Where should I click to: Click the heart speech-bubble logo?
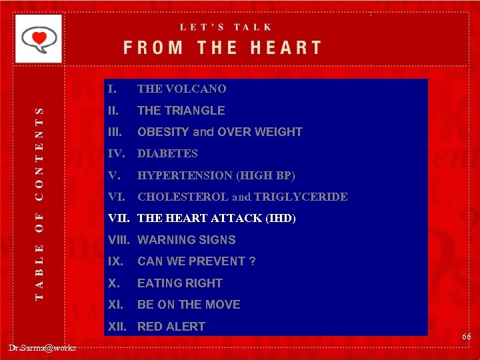(38, 39)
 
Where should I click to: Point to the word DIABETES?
(167, 153)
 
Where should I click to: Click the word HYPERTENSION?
(185, 175)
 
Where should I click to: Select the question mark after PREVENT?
(252, 261)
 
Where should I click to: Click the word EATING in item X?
(157, 283)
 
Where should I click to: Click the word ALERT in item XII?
(186, 327)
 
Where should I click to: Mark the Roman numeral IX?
(115, 261)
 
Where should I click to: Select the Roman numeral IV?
(116, 153)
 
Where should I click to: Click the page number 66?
(466, 337)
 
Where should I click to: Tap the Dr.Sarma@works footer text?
(43, 347)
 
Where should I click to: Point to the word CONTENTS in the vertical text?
(39, 153)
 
